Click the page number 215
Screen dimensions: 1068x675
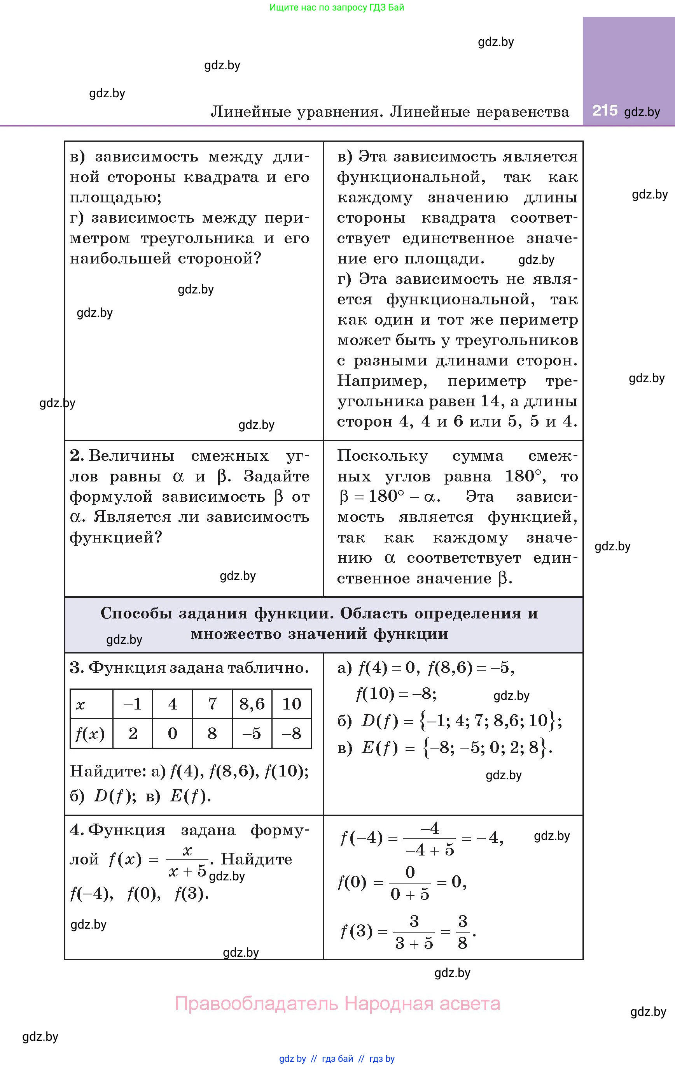[x=605, y=111]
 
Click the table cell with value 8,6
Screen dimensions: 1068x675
[x=252, y=704]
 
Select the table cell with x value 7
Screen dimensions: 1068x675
[x=212, y=704]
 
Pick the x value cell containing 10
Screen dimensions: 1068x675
[x=292, y=704]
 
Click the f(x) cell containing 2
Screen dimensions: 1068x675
[x=133, y=734]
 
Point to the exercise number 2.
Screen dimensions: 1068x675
[x=76, y=455]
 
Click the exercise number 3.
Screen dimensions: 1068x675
[x=76, y=667]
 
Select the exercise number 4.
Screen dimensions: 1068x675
[x=76, y=830]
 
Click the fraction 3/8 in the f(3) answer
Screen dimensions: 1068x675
[x=462, y=932]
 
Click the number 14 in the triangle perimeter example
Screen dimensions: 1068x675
[x=490, y=401]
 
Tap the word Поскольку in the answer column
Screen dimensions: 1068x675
[x=383, y=455]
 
